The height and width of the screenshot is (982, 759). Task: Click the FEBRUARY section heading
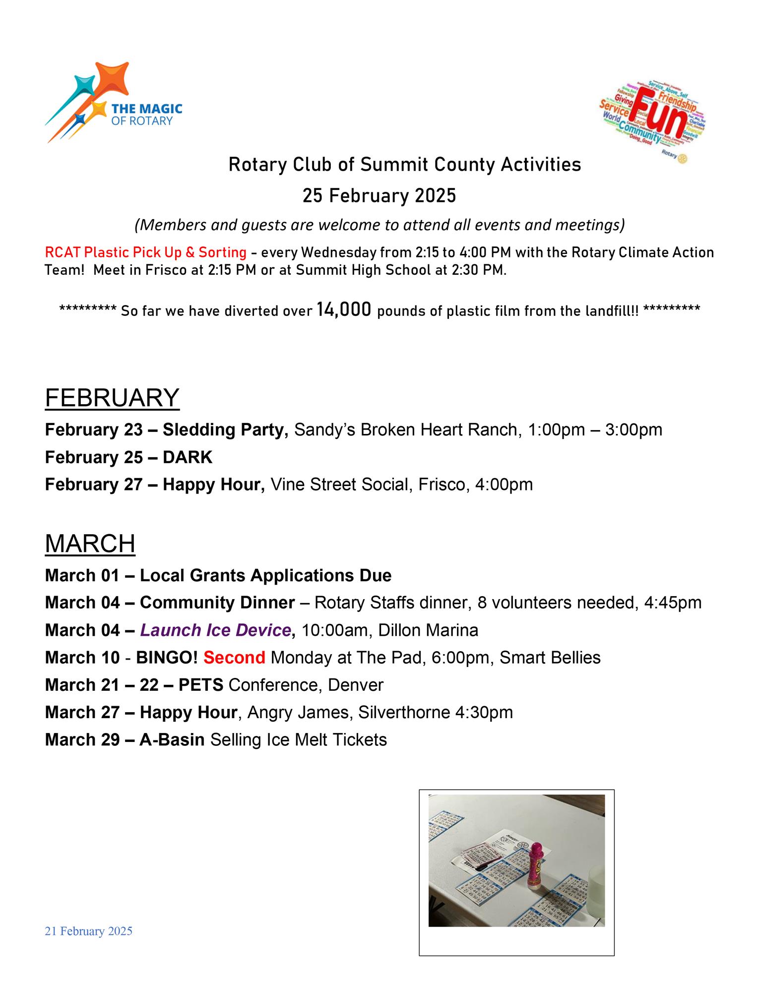pos(112,398)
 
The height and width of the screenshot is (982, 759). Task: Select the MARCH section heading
pos(90,544)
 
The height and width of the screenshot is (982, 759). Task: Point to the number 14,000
pos(344,310)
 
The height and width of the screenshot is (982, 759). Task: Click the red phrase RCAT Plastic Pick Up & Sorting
pos(145,252)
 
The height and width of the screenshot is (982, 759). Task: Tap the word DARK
pos(188,457)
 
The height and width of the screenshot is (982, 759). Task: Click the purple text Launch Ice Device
pos(215,630)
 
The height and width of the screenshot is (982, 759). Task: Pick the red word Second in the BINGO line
pos(234,658)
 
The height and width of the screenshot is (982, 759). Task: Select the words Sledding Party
pos(225,430)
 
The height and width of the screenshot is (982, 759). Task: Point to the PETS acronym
pos(200,685)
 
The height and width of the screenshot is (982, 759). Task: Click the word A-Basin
pos(172,740)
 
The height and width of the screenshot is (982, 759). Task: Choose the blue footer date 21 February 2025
pos(89,931)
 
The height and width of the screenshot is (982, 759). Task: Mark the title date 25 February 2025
pos(379,196)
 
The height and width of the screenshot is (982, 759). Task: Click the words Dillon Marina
pos(428,630)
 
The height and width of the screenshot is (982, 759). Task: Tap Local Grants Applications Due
pos(265,575)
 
